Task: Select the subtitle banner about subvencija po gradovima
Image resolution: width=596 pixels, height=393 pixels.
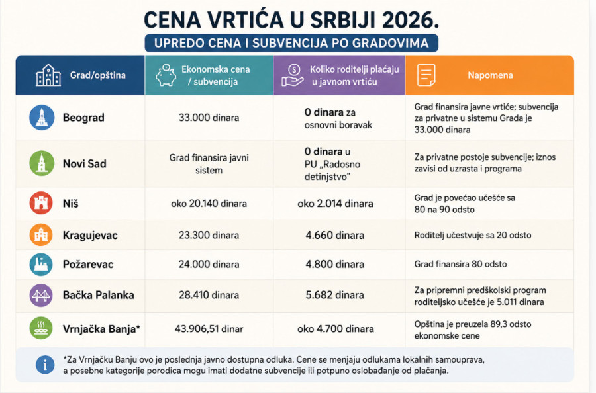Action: point(291,43)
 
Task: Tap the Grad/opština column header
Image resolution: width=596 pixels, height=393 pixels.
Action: point(80,75)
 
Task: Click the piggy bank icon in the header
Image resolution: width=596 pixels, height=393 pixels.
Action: point(166,75)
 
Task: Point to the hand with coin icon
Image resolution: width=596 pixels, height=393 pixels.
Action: point(292,75)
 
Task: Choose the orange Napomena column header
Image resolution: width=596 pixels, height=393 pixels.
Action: point(489,75)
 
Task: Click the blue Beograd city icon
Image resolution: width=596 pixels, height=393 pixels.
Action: point(42,117)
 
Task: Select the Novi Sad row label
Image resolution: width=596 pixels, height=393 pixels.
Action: point(84,163)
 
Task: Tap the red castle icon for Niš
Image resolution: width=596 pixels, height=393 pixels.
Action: point(41,203)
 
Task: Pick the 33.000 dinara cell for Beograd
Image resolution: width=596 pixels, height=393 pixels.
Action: point(209,118)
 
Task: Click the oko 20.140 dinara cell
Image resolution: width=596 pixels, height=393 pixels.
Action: point(209,204)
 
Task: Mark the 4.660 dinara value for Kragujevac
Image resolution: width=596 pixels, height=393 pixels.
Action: point(335,235)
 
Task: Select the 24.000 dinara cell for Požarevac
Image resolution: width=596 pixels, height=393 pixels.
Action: point(209,264)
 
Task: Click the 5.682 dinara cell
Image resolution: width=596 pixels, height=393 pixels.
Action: point(335,295)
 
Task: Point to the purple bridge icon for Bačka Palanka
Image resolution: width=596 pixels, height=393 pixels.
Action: point(41,295)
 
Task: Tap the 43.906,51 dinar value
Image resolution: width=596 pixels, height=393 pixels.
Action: point(209,329)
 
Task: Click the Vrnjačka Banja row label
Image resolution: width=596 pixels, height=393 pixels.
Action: point(101,329)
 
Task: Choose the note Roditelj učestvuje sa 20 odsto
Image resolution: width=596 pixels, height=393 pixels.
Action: point(472,235)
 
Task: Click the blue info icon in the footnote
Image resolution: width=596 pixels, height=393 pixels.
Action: point(45,365)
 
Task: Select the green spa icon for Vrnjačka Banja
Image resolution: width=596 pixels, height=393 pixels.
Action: point(41,328)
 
